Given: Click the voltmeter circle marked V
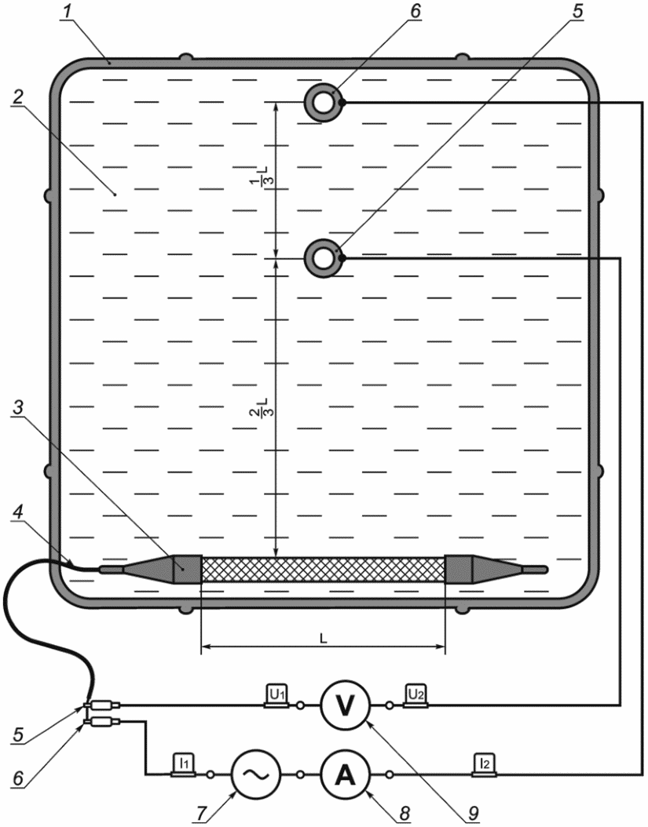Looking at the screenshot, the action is [346, 705].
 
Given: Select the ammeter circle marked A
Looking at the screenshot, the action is [346, 774].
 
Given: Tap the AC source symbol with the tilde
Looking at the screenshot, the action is [255, 774].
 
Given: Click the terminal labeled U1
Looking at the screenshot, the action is [276, 696].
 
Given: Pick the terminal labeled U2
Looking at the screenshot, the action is [416, 696].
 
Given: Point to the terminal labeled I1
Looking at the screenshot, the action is [183, 765].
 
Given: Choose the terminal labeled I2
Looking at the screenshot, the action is [485, 765].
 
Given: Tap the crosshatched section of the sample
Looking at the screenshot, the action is [323, 569].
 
